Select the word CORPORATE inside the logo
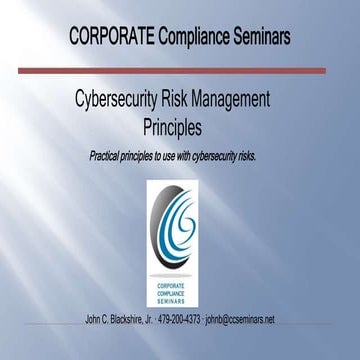[x=179, y=284]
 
